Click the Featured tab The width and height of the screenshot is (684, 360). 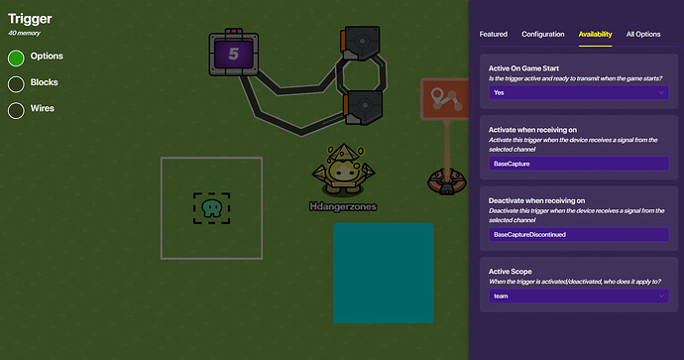pyautogui.click(x=493, y=34)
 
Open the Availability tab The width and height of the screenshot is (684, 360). pyautogui.click(x=596, y=34)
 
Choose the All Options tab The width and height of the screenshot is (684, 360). pyautogui.click(x=643, y=34)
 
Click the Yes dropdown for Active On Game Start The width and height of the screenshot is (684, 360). pyautogui.click(x=578, y=92)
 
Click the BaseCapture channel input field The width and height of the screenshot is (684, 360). pyautogui.click(x=578, y=164)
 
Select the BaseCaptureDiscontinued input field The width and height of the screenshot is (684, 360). pyautogui.click(x=578, y=234)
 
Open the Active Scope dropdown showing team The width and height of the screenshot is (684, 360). pyautogui.click(x=578, y=296)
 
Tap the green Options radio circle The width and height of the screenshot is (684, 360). pyautogui.click(x=16, y=58)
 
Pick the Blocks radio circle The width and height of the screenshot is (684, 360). pyautogui.click(x=16, y=83)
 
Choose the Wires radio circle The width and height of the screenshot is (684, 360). pyautogui.click(x=16, y=109)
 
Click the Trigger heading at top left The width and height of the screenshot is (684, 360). pyautogui.click(x=30, y=18)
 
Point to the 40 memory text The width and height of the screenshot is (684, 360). pyautogui.click(x=26, y=35)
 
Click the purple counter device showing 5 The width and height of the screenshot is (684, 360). pyautogui.click(x=234, y=54)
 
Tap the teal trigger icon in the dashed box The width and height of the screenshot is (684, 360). pyautogui.click(x=211, y=207)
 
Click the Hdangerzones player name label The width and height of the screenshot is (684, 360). pyautogui.click(x=343, y=206)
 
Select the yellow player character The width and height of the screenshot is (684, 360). pyautogui.click(x=343, y=169)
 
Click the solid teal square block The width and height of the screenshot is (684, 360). pyautogui.click(x=383, y=273)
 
